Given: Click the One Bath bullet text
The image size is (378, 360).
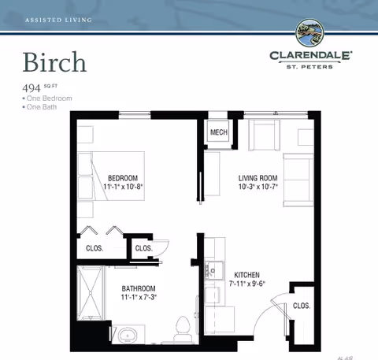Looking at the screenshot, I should (43, 106).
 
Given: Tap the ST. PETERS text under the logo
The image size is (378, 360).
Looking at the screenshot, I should (312, 65).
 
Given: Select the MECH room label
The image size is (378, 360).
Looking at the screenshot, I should (218, 133).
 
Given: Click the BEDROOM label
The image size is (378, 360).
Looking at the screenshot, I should (123, 177).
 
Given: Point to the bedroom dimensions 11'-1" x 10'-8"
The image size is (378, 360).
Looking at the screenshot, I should (123, 187).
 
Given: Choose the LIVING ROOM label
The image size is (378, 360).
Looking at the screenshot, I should (258, 177).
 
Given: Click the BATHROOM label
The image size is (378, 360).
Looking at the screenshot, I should (138, 288).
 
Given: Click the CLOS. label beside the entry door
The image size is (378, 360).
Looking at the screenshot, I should (301, 306).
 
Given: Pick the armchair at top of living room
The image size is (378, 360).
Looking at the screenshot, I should (264, 135).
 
